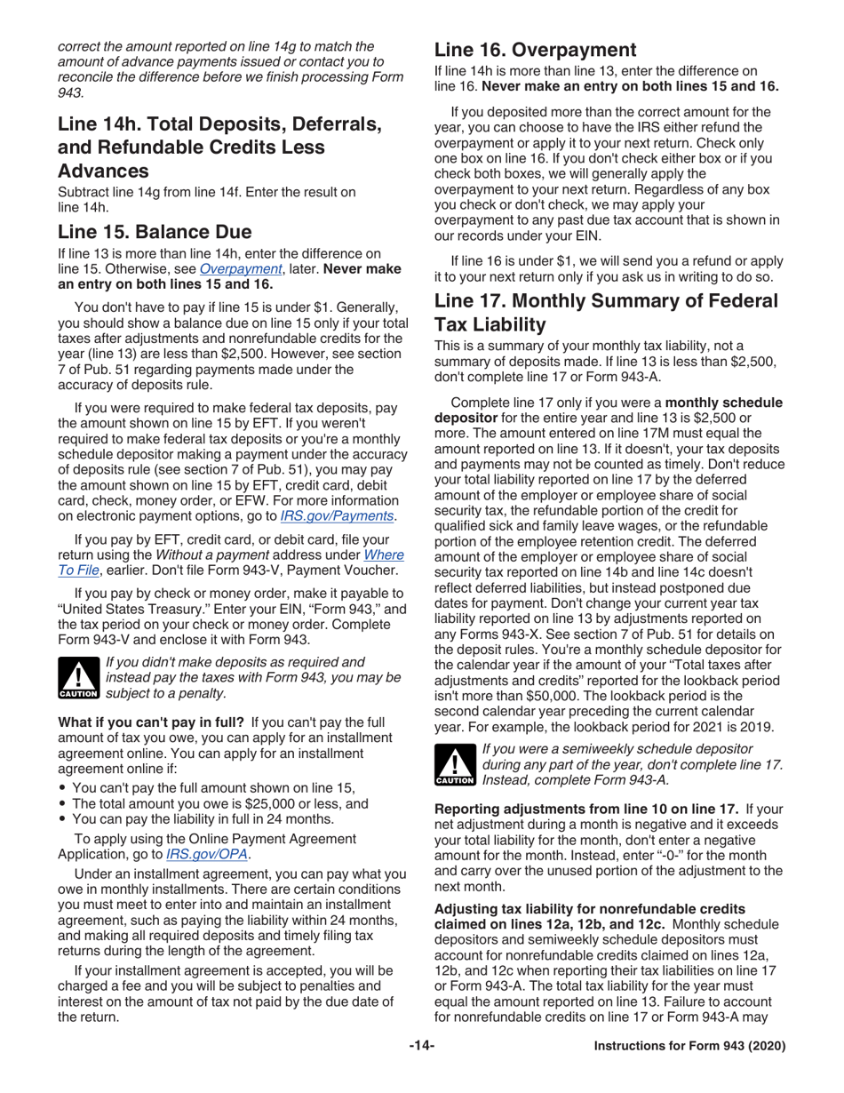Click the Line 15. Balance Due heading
point(155,232)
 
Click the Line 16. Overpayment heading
point(535,50)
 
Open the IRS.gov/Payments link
point(337,516)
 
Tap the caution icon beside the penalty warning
point(78,679)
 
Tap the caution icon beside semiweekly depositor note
point(455,765)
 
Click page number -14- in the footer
point(421,1047)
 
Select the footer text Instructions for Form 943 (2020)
point(689,1047)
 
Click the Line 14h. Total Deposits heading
point(219,125)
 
